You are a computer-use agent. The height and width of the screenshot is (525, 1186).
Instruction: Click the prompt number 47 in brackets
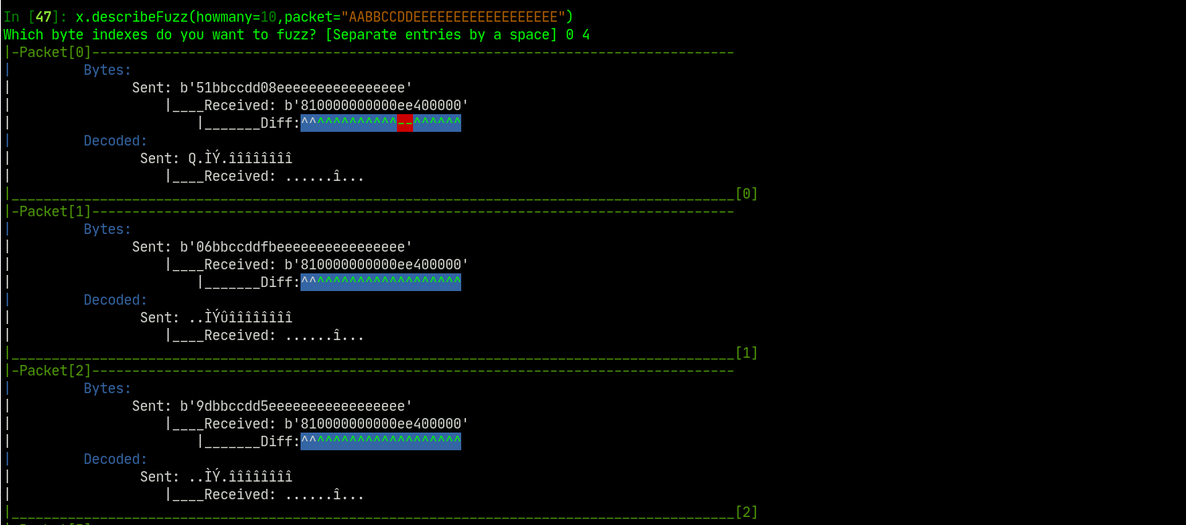[x=43, y=17]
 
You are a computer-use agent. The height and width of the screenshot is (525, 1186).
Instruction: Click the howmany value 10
[x=268, y=17]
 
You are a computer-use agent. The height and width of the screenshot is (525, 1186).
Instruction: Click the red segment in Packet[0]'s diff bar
[x=405, y=123]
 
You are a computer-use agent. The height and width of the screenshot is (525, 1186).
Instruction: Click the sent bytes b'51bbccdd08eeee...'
[x=296, y=88]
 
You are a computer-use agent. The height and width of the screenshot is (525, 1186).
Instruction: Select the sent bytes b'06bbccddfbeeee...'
[x=296, y=247]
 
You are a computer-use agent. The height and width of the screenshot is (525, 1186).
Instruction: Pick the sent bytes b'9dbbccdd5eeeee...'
[x=296, y=406]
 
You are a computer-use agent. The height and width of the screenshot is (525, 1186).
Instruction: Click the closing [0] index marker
[x=746, y=194]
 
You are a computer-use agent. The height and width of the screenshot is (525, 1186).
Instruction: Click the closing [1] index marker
[x=746, y=353]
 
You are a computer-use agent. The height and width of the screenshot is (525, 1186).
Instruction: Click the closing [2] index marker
[x=746, y=512]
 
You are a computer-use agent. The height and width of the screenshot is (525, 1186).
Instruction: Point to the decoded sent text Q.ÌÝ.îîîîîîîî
[x=240, y=158]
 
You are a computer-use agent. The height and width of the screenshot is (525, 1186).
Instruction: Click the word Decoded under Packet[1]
[x=116, y=300]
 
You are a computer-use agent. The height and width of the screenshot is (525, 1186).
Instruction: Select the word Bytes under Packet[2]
[x=108, y=388]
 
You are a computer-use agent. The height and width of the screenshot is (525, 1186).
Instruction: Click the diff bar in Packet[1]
[x=381, y=282]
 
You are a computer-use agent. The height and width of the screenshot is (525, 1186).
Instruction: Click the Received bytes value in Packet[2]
[x=376, y=424]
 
